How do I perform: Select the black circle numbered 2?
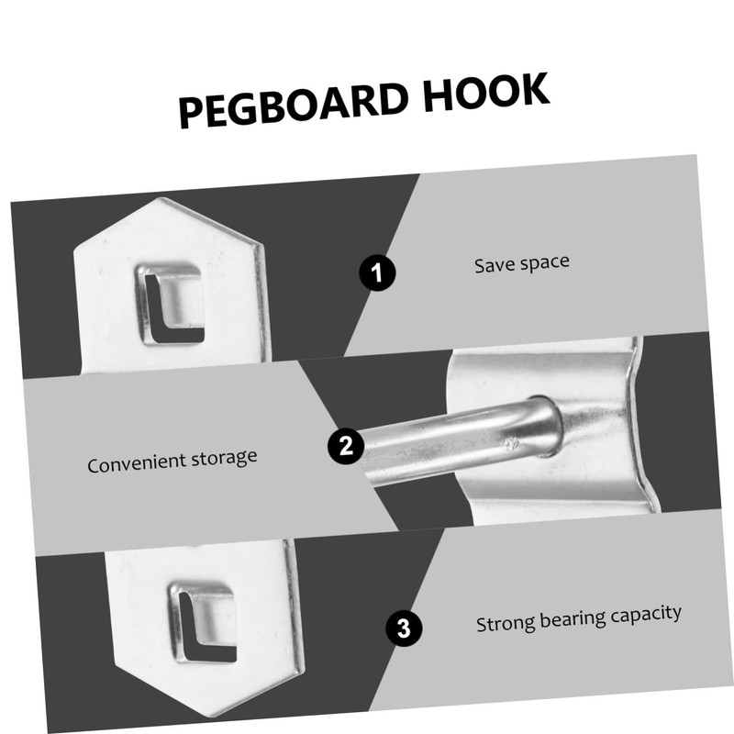point(345,447)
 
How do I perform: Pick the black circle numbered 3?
point(404,629)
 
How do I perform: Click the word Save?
point(494,265)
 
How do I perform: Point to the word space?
point(544,261)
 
